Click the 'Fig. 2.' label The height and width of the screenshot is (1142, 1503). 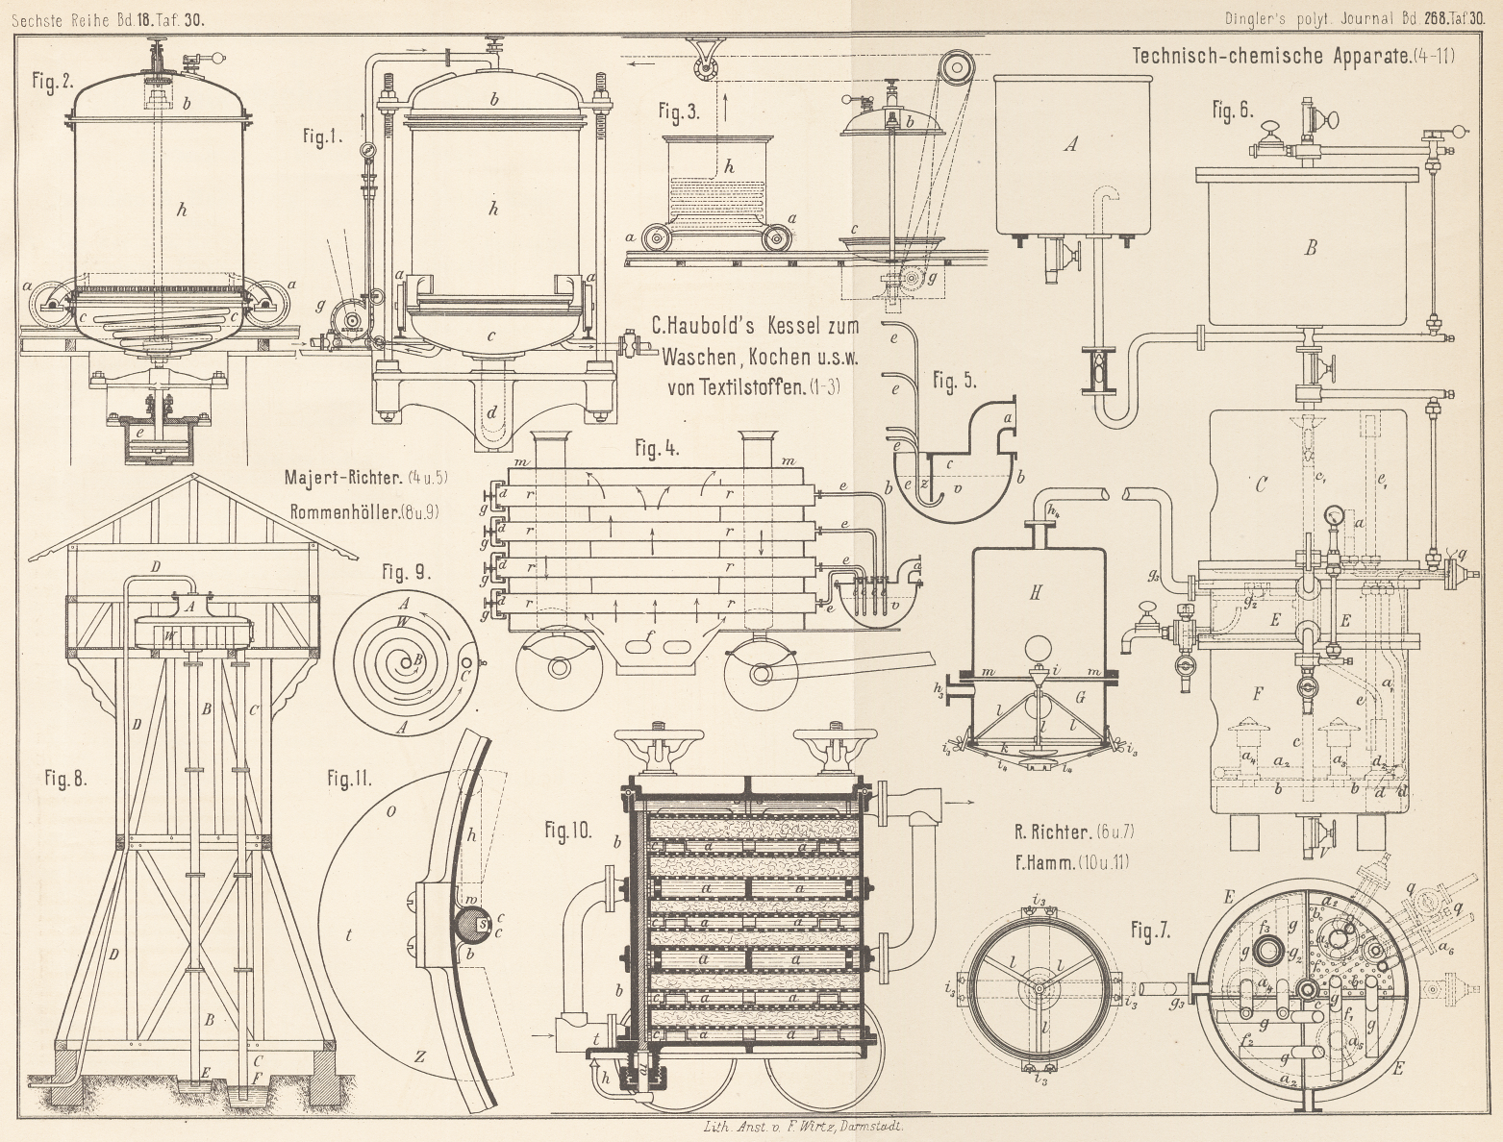[x=53, y=81]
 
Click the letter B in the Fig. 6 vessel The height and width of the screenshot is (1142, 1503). [x=1310, y=248]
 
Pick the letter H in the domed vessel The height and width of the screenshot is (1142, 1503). [x=1036, y=593]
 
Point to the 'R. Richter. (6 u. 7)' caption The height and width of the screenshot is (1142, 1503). [x=1070, y=832]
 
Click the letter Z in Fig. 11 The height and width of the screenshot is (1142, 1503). [x=420, y=1056]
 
